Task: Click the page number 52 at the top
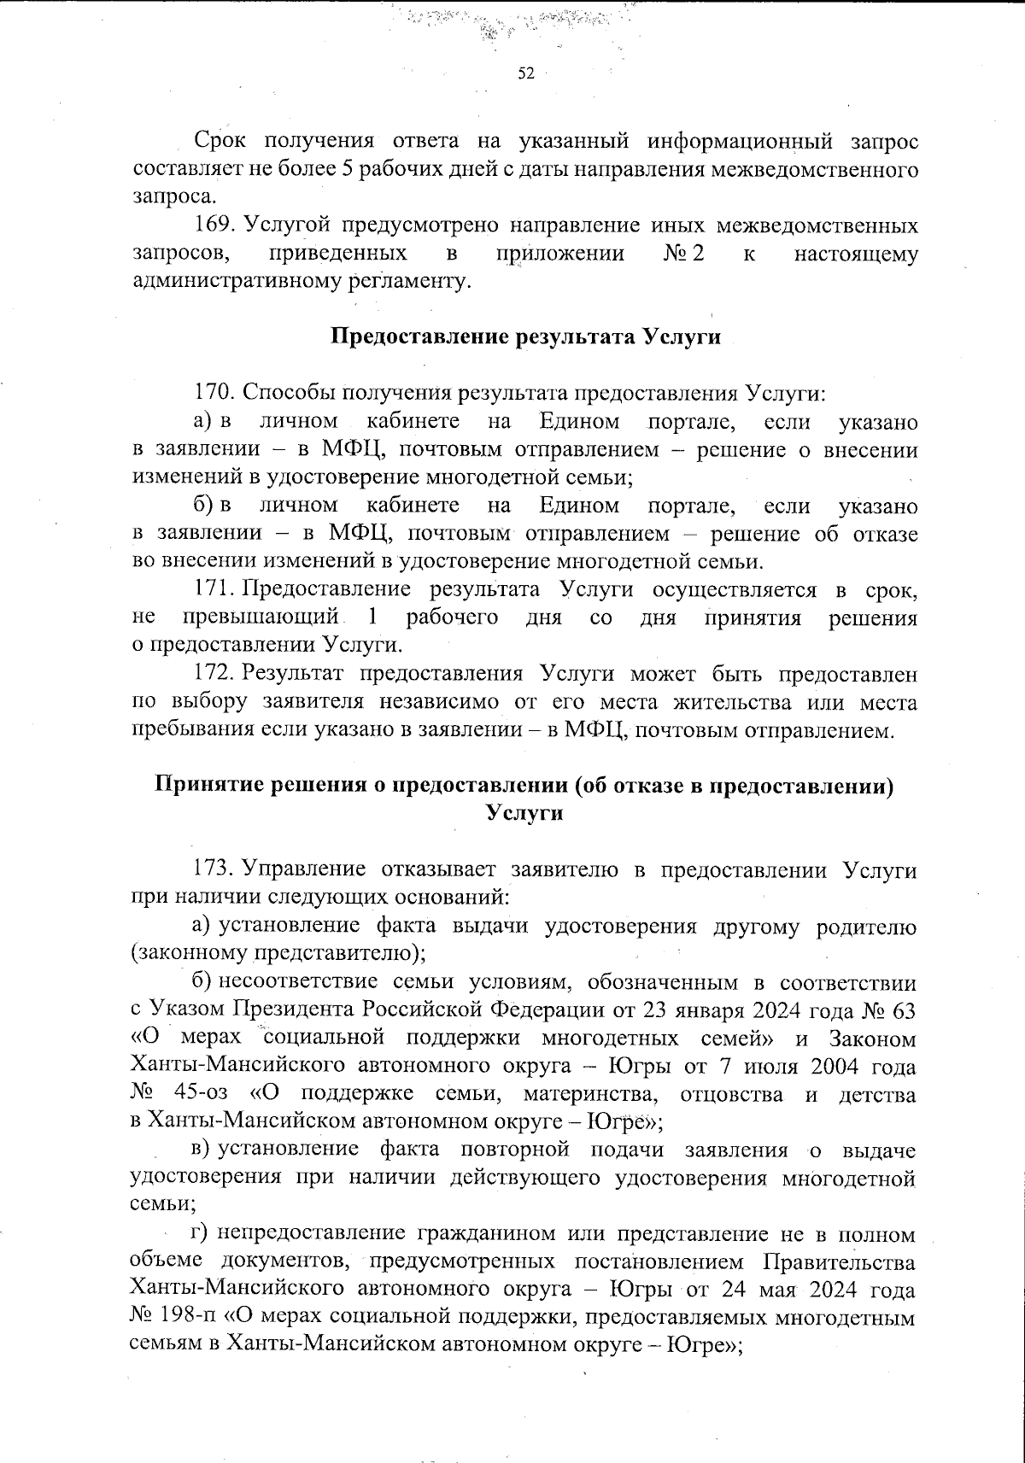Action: [525, 74]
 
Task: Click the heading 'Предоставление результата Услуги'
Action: [525, 336]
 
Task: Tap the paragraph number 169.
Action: [214, 225]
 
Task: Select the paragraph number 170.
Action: [214, 393]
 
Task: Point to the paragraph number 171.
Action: [214, 589]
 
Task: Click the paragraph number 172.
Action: [214, 673]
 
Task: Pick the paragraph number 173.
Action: [214, 870]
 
